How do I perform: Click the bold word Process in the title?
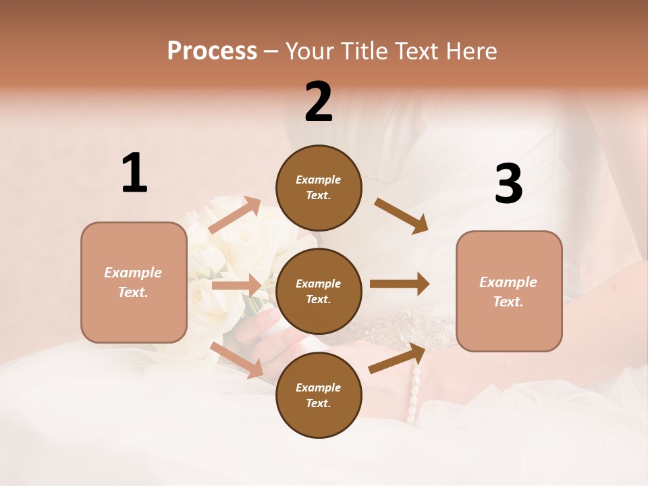[212, 51]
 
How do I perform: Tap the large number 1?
[134, 173]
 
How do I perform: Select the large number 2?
[319, 102]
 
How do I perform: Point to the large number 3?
[508, 184]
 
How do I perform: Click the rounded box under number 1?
[134, 282]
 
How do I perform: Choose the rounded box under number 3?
[509, 291]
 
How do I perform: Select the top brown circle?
[319, 188]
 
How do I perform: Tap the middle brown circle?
[319, 291]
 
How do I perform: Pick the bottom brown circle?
[319, 395]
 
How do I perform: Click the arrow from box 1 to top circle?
[235, 215]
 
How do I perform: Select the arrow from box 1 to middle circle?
[236, 286]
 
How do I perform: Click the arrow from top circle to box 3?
[401, 215]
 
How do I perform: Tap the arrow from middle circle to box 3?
[400, 284]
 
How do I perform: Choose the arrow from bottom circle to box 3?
[398, 358]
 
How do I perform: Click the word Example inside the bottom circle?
[319, 387]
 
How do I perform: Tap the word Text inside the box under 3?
[507, 302]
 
